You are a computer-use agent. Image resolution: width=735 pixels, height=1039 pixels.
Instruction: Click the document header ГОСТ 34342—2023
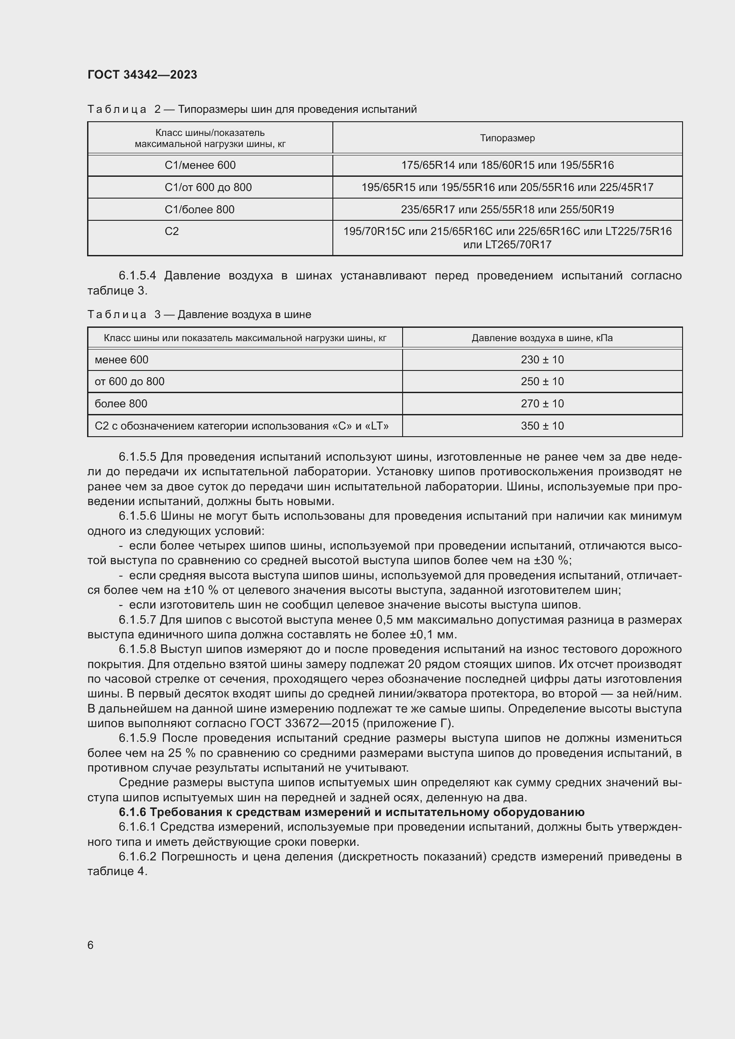pos(142,75)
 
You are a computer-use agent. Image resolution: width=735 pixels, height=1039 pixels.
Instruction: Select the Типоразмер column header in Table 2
pos(507,138)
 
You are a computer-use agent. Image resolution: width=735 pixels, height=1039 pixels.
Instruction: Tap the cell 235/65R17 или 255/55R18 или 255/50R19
pos(507,210)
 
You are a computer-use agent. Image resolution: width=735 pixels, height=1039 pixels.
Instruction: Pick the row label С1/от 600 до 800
pos(208,187)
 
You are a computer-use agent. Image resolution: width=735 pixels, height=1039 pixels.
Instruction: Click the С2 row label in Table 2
pos(172,232)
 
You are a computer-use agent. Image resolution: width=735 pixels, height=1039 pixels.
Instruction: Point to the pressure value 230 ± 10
pos(542,360)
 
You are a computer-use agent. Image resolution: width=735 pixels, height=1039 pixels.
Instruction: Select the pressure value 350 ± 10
pos(542,426)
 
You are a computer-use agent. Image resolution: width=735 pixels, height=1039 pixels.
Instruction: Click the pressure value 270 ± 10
pos(542,404)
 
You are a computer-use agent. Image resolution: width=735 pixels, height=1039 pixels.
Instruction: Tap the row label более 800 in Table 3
pos(121,404)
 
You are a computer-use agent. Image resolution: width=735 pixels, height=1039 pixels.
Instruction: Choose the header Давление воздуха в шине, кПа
pos(542,338)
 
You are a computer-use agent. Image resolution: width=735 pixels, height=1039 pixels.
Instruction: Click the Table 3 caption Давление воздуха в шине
pos(244,314)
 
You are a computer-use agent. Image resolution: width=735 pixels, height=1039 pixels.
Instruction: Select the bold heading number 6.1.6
pos(132,812)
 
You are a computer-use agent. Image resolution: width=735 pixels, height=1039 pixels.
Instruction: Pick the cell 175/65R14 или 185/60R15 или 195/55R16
pos(507,165)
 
